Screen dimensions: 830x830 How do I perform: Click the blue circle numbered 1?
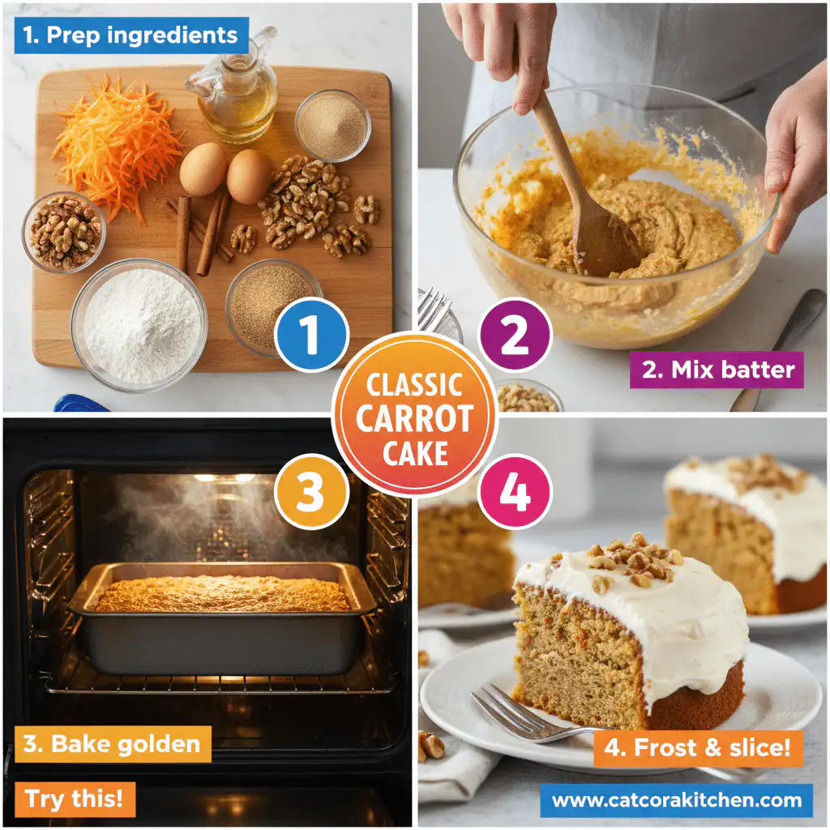311,336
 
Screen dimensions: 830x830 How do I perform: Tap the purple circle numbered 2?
515,335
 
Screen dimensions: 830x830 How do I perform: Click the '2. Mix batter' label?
717,370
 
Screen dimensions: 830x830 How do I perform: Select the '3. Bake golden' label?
112,744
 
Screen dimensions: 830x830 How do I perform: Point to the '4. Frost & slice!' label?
697,747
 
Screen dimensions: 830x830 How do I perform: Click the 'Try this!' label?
75,799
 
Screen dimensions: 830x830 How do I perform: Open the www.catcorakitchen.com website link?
676,801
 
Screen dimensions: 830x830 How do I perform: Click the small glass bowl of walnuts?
64,231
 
